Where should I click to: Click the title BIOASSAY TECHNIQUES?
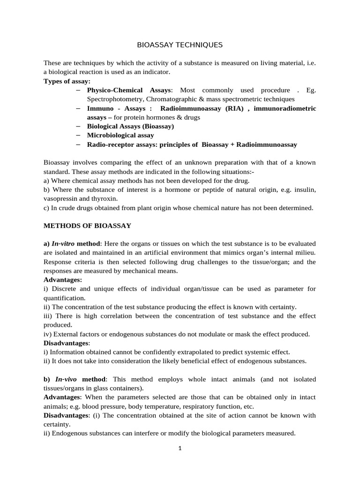pos(180,45)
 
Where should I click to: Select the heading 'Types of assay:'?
pos(67,81)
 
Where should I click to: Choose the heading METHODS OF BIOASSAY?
pos(87,225)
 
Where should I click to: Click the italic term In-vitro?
pos(63,244)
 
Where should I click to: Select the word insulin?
pos(305,189)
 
